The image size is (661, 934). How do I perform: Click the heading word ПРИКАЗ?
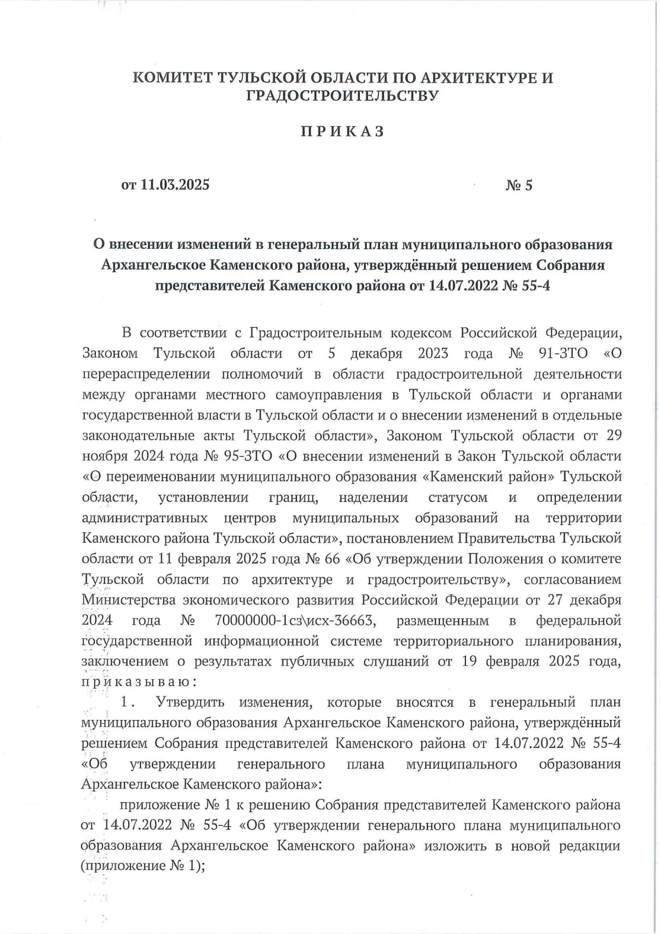[x=342, y=132]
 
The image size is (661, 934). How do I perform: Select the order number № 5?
[x=519, y=185]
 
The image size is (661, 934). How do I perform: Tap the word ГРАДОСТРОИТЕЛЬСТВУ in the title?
[x=342, y=96]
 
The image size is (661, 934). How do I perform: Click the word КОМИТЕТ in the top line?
[x=173, y=78]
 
